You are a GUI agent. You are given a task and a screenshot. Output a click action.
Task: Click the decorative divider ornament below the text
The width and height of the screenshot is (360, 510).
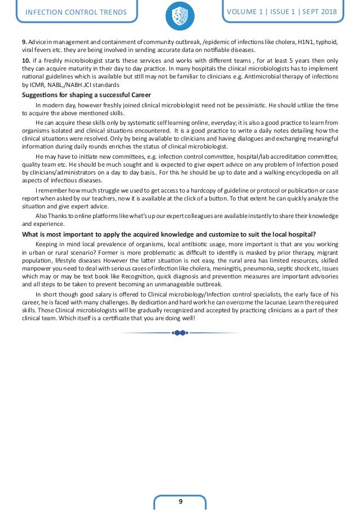pos(179,333)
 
